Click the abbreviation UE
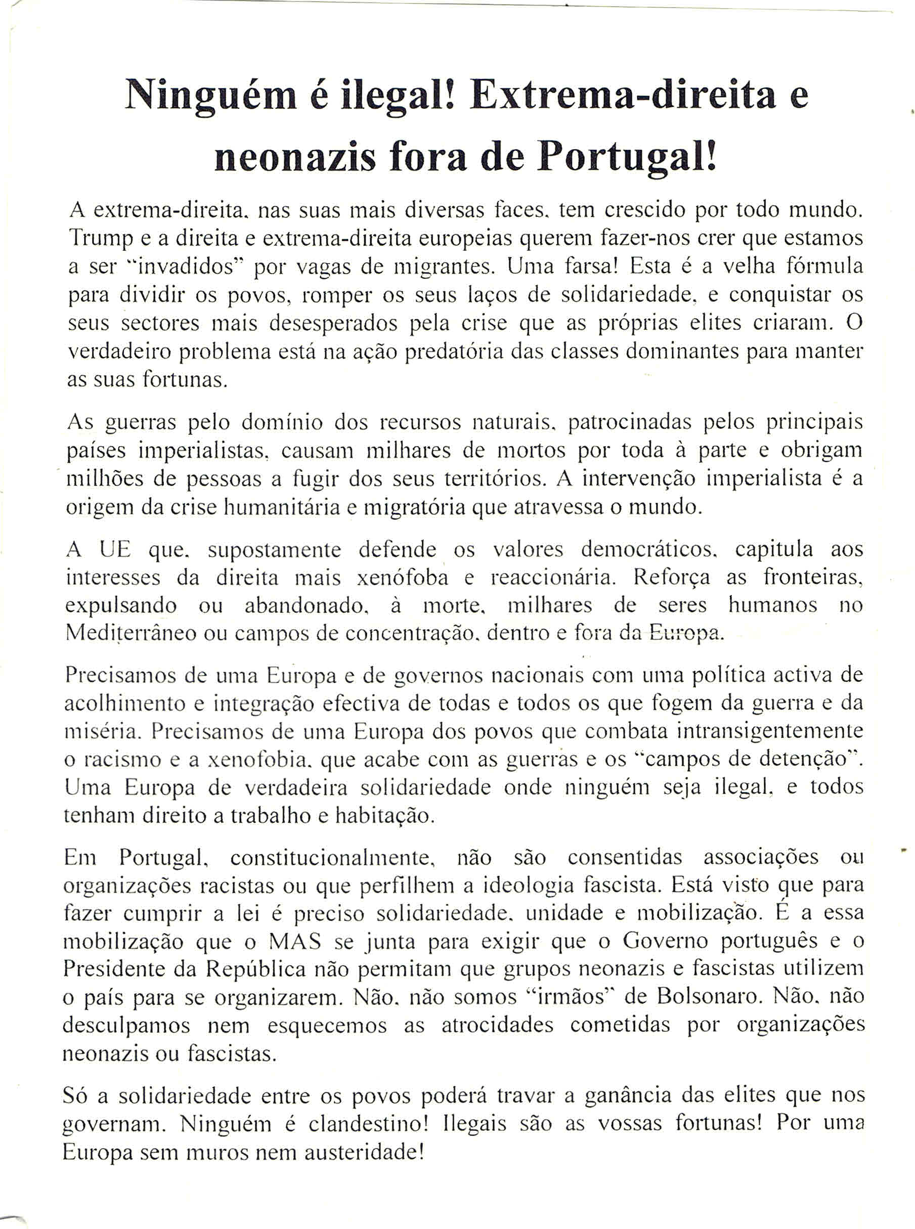115,549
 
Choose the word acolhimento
124,704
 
